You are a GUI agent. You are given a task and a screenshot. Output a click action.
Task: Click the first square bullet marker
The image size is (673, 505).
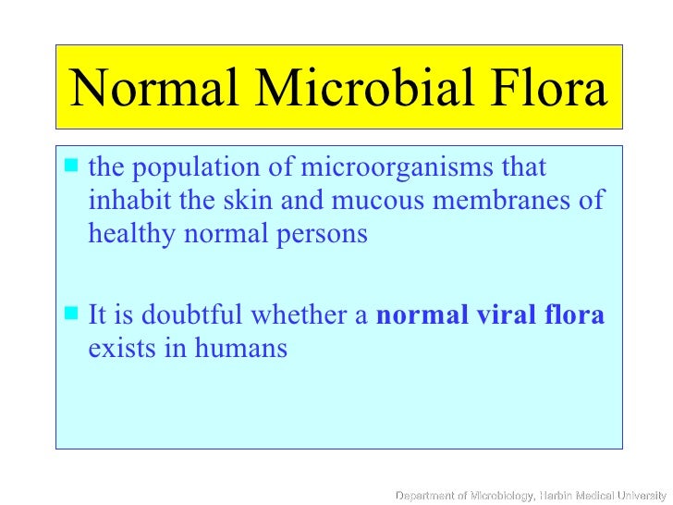click(73, 168)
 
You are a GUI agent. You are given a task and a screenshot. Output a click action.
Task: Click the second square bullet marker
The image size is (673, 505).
click(73, 316)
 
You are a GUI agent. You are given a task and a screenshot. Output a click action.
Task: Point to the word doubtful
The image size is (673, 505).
click(183, 317)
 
